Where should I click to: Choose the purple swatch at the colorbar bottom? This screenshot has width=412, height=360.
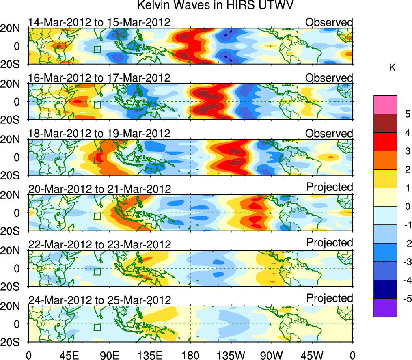385,308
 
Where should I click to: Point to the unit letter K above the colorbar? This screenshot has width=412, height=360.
392,68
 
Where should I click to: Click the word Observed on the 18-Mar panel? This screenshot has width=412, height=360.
329,134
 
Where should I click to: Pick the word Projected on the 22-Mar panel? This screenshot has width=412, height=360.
330,243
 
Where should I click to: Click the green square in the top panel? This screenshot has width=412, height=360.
97,49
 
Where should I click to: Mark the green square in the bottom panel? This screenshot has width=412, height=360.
97,327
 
